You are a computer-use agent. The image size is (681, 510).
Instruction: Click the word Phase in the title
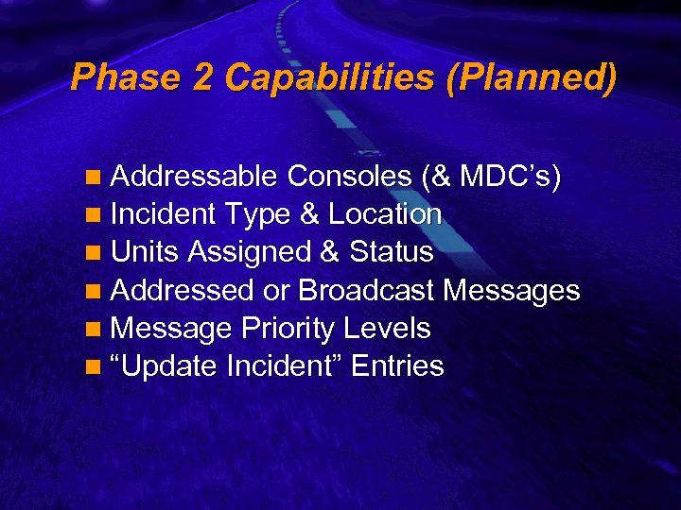coord(125,77)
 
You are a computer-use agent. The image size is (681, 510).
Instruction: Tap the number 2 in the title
coord(202,77)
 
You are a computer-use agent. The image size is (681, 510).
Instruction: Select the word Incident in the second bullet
coord(164,214)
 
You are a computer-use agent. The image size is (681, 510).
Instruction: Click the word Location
coord(385,214)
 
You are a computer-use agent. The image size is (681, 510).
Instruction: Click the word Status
coord(392,252)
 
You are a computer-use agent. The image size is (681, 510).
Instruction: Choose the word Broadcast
coord(368,290)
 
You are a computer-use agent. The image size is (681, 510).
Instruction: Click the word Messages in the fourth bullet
coord(512,290)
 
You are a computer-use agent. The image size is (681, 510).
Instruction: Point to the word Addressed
coord(185,290)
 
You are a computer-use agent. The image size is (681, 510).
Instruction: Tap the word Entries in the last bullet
coord(397,366)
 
